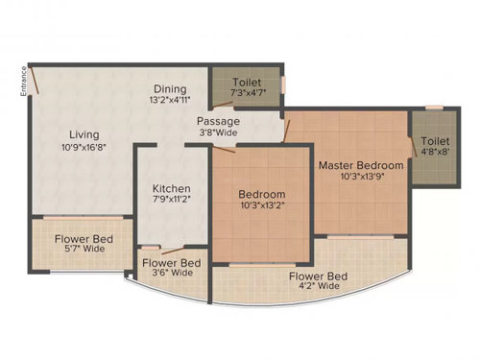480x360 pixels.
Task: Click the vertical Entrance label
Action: point(23,82)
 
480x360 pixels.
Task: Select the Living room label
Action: point(84,135)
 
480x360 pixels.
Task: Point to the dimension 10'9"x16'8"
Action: point(84,148)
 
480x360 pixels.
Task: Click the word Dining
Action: point(170,89)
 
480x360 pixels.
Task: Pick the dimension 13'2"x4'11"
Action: point(170,100)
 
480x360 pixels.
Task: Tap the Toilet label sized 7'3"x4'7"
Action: point(247,83)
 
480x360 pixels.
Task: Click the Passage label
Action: point(218,122)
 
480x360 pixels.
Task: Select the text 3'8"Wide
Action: point(219,132)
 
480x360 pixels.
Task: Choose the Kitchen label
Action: point(172,188)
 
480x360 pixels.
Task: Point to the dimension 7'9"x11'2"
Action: point(172,200)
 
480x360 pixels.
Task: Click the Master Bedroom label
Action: point(361,165)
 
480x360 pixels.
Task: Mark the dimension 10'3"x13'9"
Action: point(362,177)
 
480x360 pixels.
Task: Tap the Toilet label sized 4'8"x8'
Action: point(435,141)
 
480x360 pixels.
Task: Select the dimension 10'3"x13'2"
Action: point(263,205)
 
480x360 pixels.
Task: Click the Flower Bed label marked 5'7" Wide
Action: point(84,239)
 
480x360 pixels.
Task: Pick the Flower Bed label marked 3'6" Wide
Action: point(172,263)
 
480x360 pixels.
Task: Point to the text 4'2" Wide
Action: point(319,286)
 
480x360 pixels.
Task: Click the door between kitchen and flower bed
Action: point(173,251)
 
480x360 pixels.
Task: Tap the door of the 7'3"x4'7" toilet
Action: point(223,104)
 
